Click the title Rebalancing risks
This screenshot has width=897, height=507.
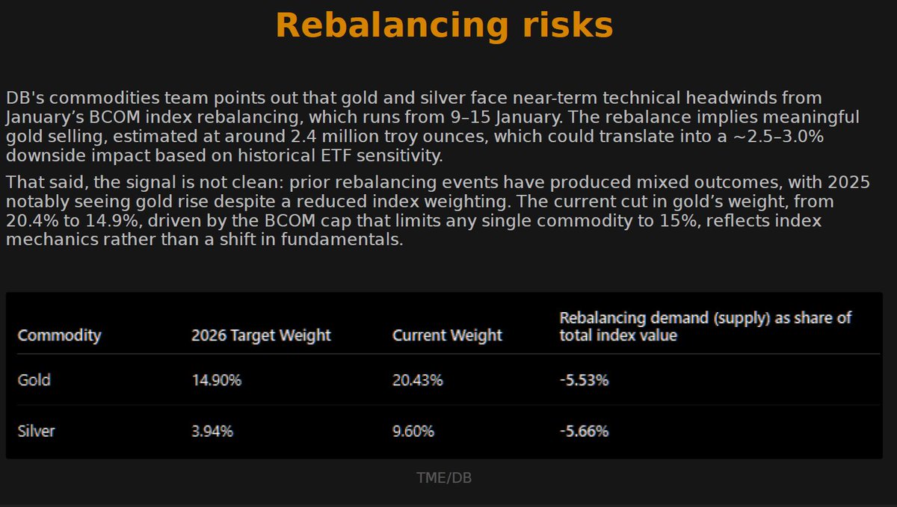[444, 25]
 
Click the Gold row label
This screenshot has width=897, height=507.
[34, 379]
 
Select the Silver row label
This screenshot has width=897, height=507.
[37, 431]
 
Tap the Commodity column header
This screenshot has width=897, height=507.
[59, 335]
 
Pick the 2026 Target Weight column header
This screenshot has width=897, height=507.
[261, 335]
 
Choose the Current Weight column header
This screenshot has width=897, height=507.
[447, 335]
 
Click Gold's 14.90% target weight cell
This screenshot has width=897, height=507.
[216, 379]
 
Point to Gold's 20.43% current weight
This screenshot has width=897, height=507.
[418, 379]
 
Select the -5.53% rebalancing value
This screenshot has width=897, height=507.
[584, 379]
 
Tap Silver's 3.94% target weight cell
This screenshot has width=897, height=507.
[213, 431]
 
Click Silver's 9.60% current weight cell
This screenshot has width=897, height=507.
[413, 431]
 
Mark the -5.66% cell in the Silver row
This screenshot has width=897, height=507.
[584, 431]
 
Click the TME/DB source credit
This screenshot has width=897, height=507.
[444, 478]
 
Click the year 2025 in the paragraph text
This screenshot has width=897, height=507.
[846, 183]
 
